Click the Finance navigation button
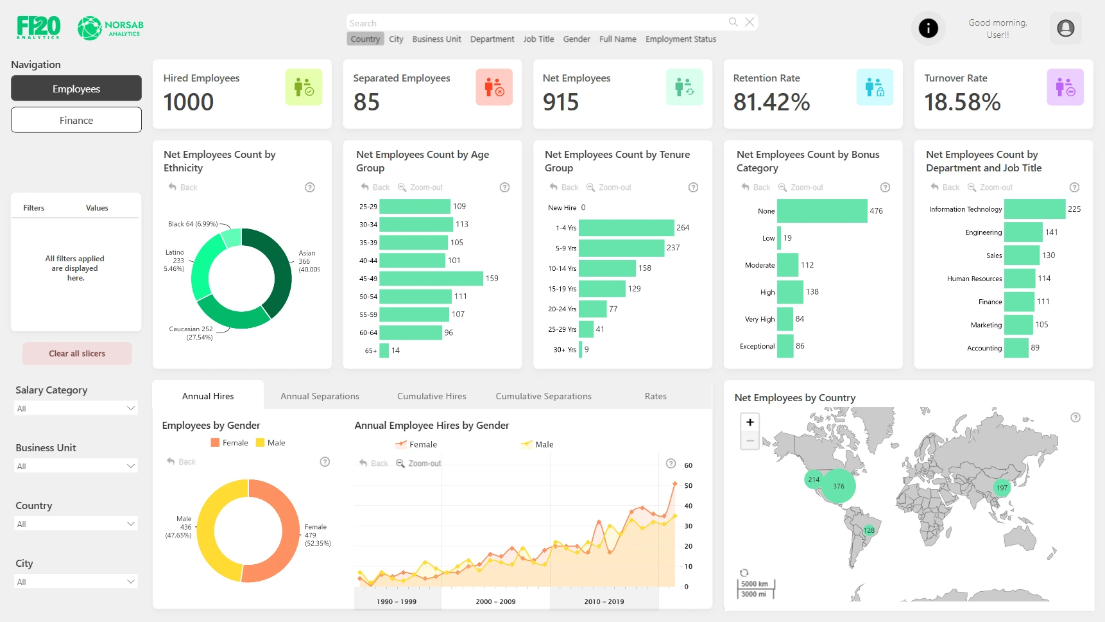[x=76, y=120]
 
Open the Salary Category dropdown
[x=76, y=408]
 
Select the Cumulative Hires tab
[x=431, y=396]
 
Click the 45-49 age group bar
[x=431, y=279]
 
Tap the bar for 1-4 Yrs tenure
[x=626, y=228]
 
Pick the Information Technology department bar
[x=1034, y=209]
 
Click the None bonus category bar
[x=821, y=211]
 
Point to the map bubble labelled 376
[x=839, y=486]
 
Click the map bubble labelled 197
[x=1002, y=488]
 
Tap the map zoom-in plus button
[x=750, y=422]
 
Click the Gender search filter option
[x=576, y=39]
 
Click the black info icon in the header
[x=928, y=28]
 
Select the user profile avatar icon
[x=1065, y=28]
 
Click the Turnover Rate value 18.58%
[x=962, y=103]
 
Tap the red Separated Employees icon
[x=494, y=87]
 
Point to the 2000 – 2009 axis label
[x=495, y=601]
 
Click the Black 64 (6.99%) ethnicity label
[x=193, y=224]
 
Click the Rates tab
[x=655, y=396]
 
